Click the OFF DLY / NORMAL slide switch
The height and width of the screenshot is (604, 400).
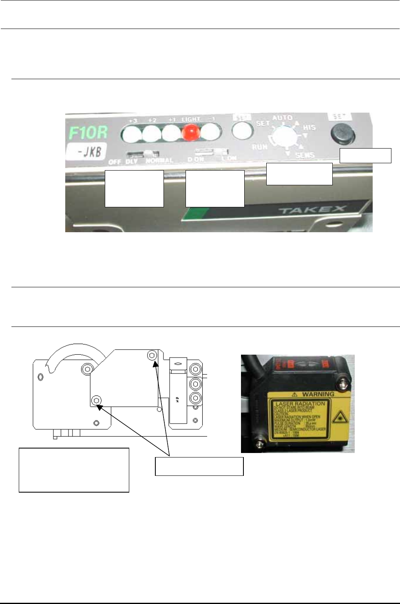click(x=142, y=153)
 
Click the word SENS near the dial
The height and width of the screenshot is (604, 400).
click(x=305, y=155)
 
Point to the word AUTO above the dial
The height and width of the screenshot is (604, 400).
click(x=282, y=118)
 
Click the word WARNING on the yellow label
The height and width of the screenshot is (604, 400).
click(x=318, y=394)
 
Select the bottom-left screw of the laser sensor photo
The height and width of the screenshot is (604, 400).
click(x=258, y=441)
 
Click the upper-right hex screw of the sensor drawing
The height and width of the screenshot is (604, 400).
click(x=152, y=355)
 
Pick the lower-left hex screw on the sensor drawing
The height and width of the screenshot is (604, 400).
click(x=96, y=401)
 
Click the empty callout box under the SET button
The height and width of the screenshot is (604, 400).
click(x=365, y=155)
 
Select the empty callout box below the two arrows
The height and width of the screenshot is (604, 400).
click(x=199, y=466)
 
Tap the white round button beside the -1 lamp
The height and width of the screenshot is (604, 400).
click(x=241, y=131)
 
